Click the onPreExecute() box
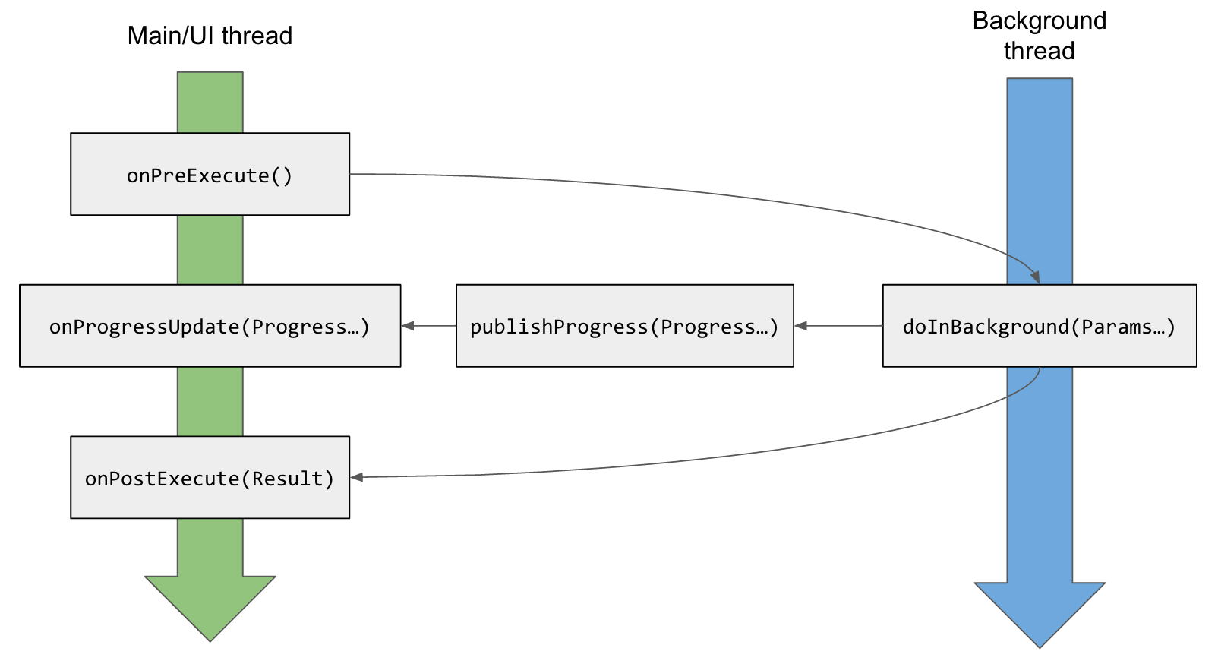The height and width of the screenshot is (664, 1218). coord(210,175)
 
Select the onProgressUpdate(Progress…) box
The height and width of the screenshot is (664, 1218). coord(210,326)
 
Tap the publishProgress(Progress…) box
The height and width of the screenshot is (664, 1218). coord(624,326)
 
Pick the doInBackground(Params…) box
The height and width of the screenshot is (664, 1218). coord(1039,326)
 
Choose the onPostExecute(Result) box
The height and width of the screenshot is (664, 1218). coord(210,478)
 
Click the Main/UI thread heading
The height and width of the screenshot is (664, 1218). coord(210,36)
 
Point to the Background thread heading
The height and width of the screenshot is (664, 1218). coord(1039,36)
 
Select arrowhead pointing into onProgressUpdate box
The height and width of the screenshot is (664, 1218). coord(408,326)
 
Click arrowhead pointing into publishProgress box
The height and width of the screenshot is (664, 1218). coord(801,326)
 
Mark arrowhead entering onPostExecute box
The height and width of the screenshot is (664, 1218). coord(357,477)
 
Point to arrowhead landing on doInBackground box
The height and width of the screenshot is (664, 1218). coord(1035,278)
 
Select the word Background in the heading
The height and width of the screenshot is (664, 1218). coord(1039,21)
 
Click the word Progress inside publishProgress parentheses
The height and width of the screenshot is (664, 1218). coord(708,327)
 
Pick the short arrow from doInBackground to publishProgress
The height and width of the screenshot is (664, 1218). coord(838,326)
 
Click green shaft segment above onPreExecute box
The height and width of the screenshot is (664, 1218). coord(210,103)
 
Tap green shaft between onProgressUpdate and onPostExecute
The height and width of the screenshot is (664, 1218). coord(210,401)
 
